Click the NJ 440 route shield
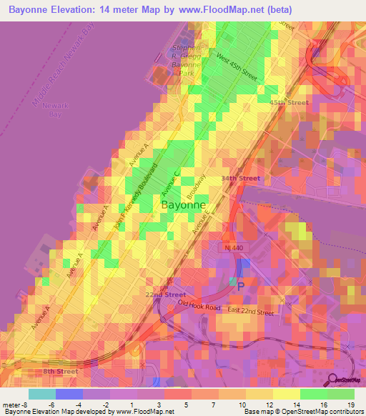(231, 247)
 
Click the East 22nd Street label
(250, 311)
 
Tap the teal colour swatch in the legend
(41, 394)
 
